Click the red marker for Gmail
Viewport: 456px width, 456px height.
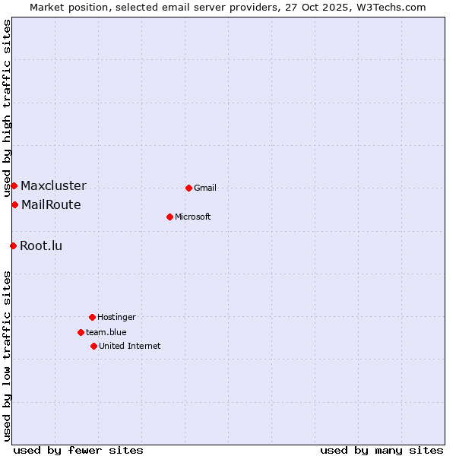pyautogui.click(x=188, y=188)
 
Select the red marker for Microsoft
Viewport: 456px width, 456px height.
pyautogui.click(x=169, y=217)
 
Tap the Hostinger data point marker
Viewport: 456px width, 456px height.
pyautogui.click(x=92, y=317)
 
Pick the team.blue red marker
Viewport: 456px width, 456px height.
pyautogui.click(x=81, y=332)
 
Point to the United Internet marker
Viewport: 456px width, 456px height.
pyautogui.click(x=93, y=346)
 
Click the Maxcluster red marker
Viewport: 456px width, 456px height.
pyautogui.click(x=14, y=185)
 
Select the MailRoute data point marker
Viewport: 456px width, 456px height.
pyautogui.click(x=14, y=204)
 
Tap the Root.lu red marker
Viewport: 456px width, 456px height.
pyautogui.click(x=13, y=245)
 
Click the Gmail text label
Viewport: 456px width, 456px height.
pyautogui.click(x=205, y=188)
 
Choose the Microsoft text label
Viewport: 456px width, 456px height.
pyautogui.click(x=193, y=217)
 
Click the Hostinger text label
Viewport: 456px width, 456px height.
pyautogui.click(x=116, y=317)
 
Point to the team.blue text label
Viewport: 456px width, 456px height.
pyautogui.click(x=106, y=332)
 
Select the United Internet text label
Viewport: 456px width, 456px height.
pyautogui.click(x=130, y=346)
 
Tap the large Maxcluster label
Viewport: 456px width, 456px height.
pyautogui.click(x=53, y=185)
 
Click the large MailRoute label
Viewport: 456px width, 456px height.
pyautogui.click(x=51, y=204)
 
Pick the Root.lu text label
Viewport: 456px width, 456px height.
pyautogui.click(x=41, y=245)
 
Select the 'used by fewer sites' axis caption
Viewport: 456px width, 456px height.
pyautogui.click(x=78, y=450)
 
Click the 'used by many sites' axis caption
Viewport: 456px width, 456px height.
pyautogui.click(x=382, y=450)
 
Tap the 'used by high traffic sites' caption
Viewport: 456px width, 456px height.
pyautogui.click(x=7, y=108)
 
